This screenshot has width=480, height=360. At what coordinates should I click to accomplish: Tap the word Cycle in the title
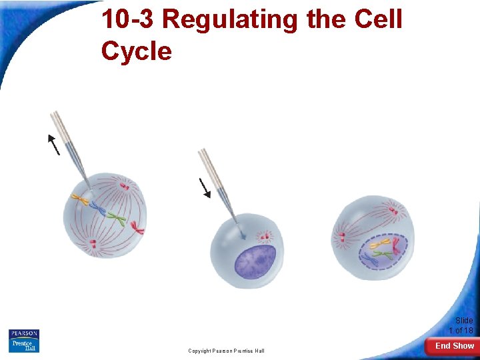(136, 50)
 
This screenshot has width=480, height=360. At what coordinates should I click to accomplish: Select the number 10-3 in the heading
(128, 20)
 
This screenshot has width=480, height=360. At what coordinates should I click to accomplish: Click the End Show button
(454, 345)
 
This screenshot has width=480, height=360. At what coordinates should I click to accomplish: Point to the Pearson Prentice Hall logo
(24, 341)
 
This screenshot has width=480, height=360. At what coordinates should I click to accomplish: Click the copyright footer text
(226, 351)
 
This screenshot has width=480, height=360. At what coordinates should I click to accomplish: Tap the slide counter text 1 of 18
(461, 331)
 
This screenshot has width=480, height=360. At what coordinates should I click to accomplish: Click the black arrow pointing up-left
(53, 144)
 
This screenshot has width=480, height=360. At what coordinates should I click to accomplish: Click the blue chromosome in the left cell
(98, 209)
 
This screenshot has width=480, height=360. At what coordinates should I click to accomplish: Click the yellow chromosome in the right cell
(378, 245)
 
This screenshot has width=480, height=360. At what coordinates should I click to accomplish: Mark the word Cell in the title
(379, 20)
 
